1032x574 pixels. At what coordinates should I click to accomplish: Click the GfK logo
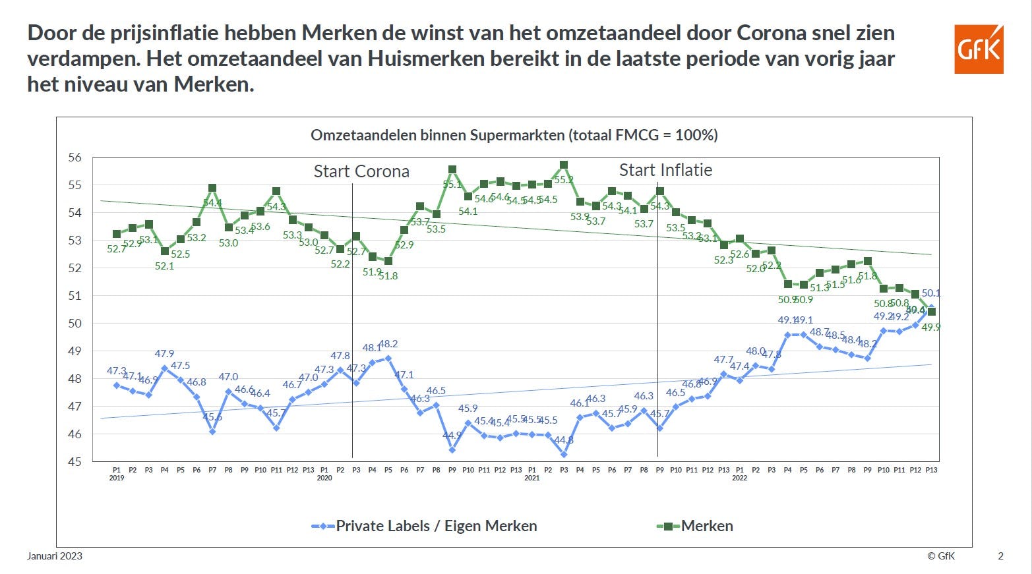[x=979, y=49]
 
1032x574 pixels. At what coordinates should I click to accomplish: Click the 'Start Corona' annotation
[x=361, y=171]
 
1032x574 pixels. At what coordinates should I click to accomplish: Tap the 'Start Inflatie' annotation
[x=665, y=170]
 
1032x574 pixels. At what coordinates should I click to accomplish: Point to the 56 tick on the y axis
[x=75, y=158]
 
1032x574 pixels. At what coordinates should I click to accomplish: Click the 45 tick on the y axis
[x=75, y=462]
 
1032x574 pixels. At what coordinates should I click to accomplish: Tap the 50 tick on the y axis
[x=75, y=324]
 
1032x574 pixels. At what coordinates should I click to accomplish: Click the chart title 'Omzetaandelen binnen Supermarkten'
[x=514, y=135]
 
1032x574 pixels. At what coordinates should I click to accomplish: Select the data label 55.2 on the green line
[x=563, y=180]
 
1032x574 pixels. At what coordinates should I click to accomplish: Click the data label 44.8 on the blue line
[x=563, y=440]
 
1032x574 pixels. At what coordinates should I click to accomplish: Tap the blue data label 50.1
[x=931, y=293]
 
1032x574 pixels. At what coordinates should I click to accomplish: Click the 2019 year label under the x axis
[x=117, y=478]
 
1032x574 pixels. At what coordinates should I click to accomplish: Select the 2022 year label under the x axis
[x=739, y=478]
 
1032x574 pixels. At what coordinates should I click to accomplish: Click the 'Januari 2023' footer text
[x=55, y=556]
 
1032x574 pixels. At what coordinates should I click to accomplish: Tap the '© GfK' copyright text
[x=941, y=556]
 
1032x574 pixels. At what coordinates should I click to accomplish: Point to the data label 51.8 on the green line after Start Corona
[x=388, y=276]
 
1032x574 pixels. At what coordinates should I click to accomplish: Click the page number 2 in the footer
[x=1000, y=556]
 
